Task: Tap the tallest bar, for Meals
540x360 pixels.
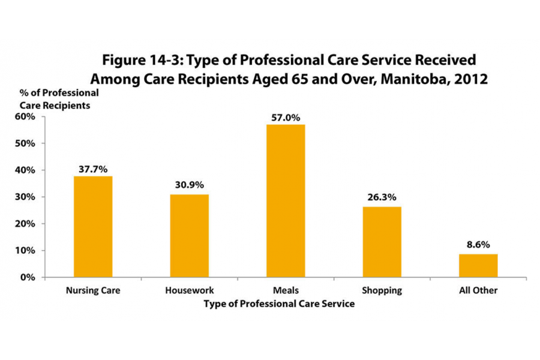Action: point(286,200)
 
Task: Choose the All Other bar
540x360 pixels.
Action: point(478,265)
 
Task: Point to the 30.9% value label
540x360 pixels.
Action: point(189,186)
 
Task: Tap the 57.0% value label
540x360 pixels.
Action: point(286,117)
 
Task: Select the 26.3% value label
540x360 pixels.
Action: point(382,198)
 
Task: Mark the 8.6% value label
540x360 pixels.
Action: point(478,245)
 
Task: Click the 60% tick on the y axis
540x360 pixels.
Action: point(25,116)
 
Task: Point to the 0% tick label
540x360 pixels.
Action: point(28,277)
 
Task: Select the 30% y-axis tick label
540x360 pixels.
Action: point(25,197)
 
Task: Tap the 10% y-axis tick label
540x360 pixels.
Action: point(25,250)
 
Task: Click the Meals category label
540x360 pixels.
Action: point(286,291)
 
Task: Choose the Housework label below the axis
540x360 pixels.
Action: point(189,291)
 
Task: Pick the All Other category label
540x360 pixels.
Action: point(478,291)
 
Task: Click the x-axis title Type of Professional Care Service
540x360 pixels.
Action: point(279,304)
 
